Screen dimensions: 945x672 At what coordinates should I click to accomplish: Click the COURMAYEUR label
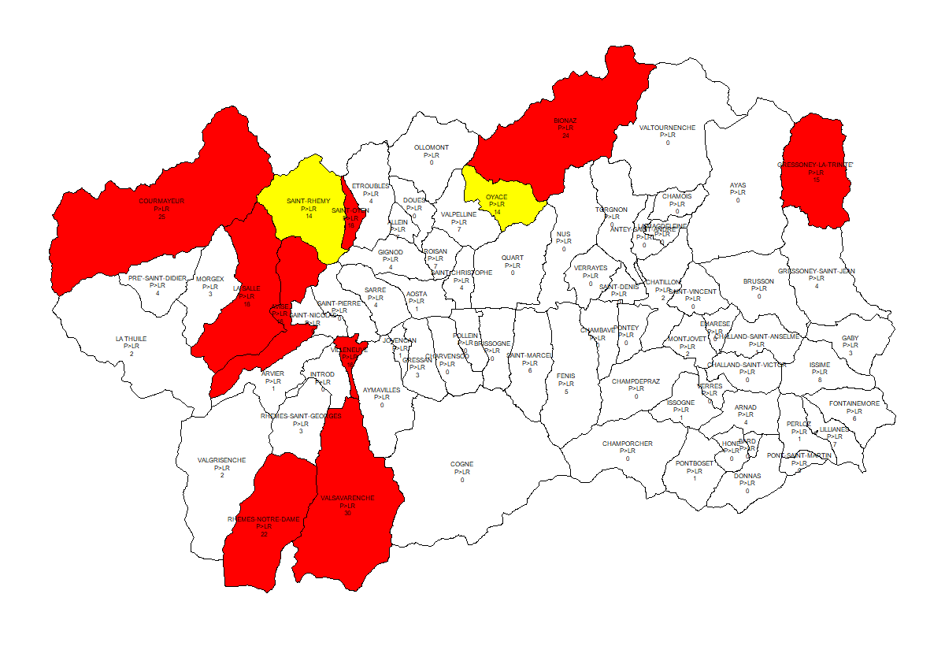click(x=161, y=201)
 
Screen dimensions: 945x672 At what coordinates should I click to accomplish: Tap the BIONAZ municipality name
click(x=565, y=121)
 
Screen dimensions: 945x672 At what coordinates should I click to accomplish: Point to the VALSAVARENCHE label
click(x=347, y=498)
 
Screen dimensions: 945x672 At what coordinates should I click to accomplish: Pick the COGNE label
click(x=462, y=465)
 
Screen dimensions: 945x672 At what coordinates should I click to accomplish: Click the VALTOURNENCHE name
click(x=667, y=128)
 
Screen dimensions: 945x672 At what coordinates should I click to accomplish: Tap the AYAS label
click(x=738, y=185)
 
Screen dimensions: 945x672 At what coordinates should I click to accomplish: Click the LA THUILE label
click(x=131, y=339)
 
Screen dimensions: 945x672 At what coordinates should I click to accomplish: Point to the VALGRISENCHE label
click(x=221, y=460)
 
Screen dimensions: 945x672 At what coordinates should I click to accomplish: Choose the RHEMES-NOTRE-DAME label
click(x=264, y=519)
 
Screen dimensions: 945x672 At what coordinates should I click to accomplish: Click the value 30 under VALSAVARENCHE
click(x=347, y=514)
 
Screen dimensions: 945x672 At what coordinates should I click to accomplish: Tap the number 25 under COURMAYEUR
click(x=161, y=217)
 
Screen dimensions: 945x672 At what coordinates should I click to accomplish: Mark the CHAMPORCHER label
click(x=628, y=444)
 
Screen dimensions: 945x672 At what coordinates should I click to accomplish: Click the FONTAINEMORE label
click(x=854, y=403)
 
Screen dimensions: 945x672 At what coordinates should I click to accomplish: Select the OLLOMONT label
click(x=432, y=147)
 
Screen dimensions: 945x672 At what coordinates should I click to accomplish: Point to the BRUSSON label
click(x=758, y=281)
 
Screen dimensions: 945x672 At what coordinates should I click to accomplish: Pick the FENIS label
click(x=565, y=376)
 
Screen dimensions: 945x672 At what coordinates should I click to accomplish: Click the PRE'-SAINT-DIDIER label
click(x=157, y=278)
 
